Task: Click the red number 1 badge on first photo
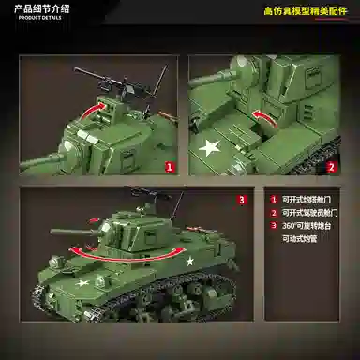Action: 170,168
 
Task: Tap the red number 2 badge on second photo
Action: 331,168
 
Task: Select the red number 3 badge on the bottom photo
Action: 241,200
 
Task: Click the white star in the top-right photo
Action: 208,146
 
